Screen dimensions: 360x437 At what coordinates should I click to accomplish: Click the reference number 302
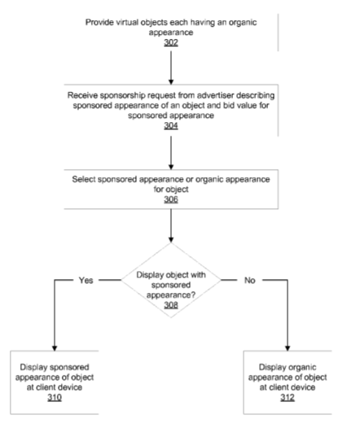pyautogui.click(x=171, y=42)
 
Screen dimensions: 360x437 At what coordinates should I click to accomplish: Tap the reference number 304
pyautogui.click(x=171, y=125)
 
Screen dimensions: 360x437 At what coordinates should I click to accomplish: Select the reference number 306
pyautogui.click(x=171, y=199)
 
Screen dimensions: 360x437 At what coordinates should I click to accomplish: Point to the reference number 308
pyautogui.click(x=171, y=305)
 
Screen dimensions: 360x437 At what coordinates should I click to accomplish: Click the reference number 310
pyautogui.click(x=55, y=397)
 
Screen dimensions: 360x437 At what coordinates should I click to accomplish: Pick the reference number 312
pyautogui.click(x=288, y=397)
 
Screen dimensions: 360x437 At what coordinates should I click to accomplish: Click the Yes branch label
pyautogui.click(x=86, y=280)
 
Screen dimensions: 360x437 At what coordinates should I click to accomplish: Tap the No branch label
pyautogui.click(x=250, y=280)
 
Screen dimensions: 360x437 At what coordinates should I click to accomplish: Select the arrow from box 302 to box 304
pyautogui.click(x=171, y=68)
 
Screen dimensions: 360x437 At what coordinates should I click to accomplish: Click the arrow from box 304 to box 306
pyautogui.click(x=171, y=153)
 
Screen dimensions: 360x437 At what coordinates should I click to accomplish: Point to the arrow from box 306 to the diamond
pyautogui.click(x=171, y=225)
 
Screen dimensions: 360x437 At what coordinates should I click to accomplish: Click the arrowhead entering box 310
pyautogui.click(x=55, y=348)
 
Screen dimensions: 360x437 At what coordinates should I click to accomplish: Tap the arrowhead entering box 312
pyautogui.click(x=288, y=348)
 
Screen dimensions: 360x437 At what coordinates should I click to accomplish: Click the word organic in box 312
pyautogui.click(x=303, y=367)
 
